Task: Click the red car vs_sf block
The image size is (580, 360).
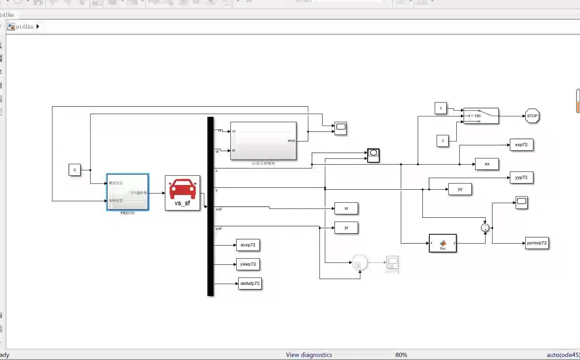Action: [182, 193]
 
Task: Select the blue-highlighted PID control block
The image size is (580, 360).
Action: [128, 192]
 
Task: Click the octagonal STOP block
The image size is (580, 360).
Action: [532, 116]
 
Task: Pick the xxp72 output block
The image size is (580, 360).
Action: [521, 145]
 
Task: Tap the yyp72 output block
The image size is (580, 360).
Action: [521, 178]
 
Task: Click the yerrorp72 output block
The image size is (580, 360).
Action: [536, 243]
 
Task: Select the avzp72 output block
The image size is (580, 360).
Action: [248, 245]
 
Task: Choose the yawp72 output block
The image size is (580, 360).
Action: [248, 264]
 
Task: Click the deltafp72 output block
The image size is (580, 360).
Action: [250, 284]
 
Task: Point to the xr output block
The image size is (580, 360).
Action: [346, 209]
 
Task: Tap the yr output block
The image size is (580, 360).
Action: [346, 228]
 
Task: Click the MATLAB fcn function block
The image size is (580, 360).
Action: [442, 243]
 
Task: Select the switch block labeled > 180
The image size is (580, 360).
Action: [481, 116]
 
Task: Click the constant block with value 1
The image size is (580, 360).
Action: [440, 108]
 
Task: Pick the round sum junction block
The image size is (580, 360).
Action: [485, 228]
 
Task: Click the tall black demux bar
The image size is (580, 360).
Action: [210, 206]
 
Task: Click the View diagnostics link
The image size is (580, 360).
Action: [309, 355]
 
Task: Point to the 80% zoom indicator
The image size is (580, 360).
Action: [401, 355]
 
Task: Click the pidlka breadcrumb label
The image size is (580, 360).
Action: [25, 27]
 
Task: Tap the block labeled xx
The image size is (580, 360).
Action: [487, 164]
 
